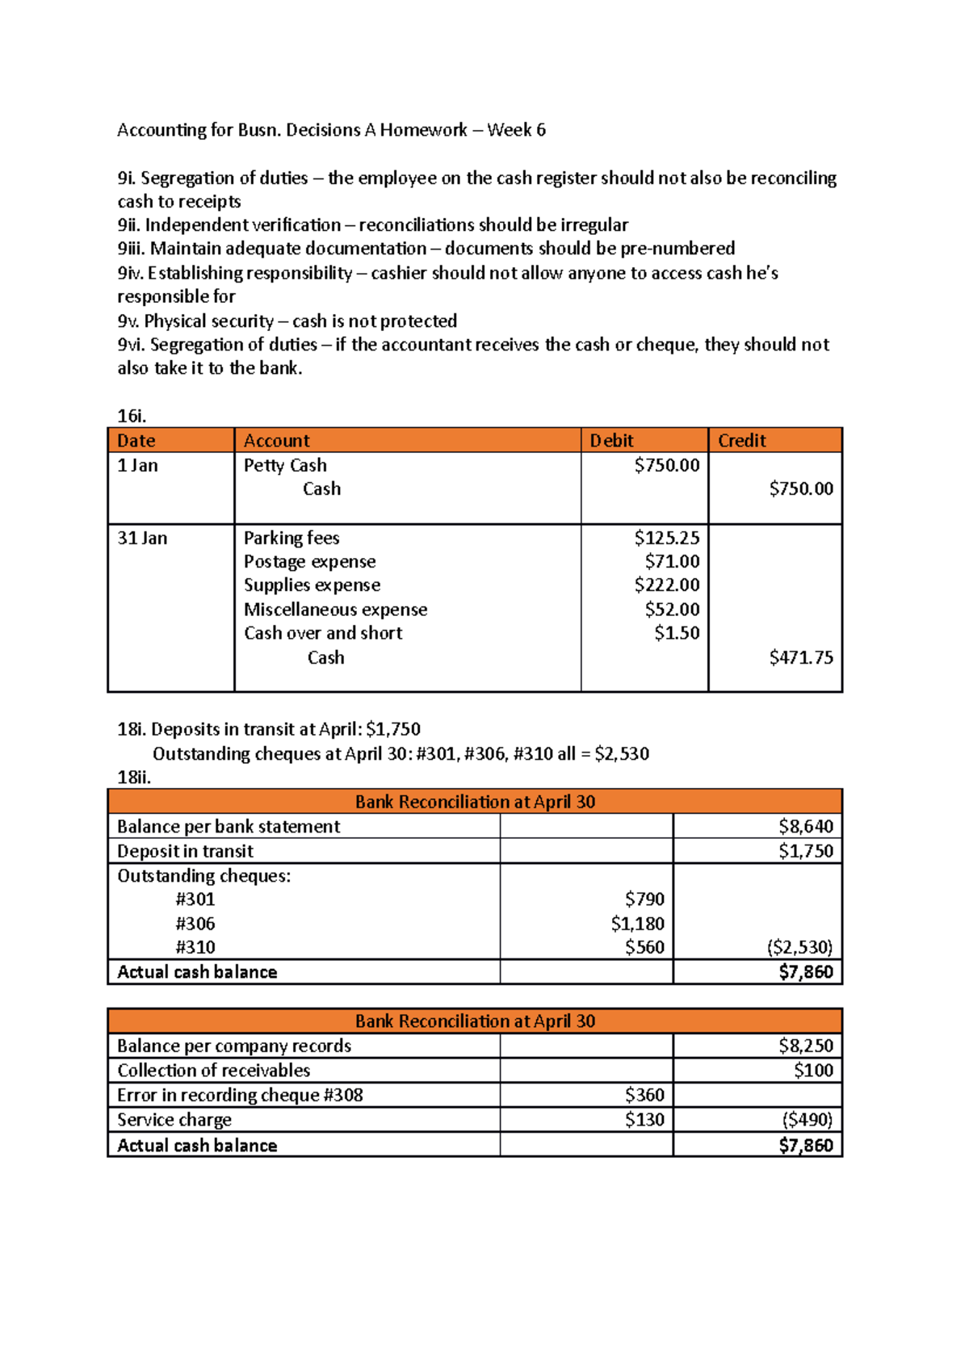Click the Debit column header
point(611,441)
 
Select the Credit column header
point(741,441)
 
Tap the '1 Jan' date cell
point(137,466)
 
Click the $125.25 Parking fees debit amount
point(666,538)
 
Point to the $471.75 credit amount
point(800,657)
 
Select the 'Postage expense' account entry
point(309,561)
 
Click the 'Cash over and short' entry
point(323,633)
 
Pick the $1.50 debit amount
point(677,633)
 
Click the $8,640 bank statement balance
point(805,826)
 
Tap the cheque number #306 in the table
point(195,923)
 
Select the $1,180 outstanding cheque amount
point(637,923)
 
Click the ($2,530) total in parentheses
point(799,947)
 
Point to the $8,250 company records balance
point(805,1046)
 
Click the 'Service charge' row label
point(174,1120)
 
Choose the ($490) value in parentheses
point(807,1120)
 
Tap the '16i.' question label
point(132,416)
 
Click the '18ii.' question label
point(134,778)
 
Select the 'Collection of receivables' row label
point(213,1071)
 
